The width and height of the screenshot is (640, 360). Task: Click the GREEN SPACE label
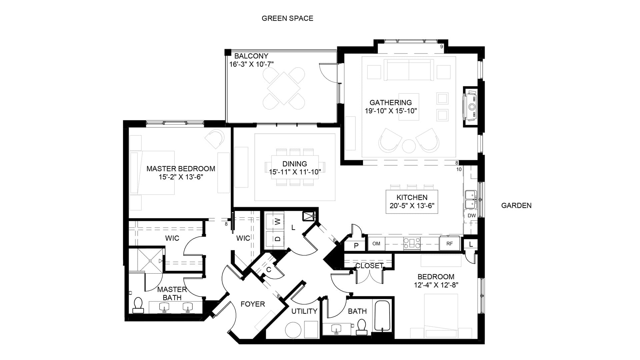[x=287, y=18]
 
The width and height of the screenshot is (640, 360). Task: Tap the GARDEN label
[x=516, y=206]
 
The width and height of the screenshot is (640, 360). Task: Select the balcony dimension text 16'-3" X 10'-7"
[x=252, y=64]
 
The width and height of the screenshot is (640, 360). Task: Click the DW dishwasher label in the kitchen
[x=472, y=216]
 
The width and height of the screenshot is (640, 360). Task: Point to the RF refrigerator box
[x=450, y=244]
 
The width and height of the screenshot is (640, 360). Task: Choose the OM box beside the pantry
[x=376, y=244]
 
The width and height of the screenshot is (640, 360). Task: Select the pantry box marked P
[x=356, y=246]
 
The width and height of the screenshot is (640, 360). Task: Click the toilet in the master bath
[x=138, y=306]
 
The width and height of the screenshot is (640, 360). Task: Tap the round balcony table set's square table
[x=284, y=88]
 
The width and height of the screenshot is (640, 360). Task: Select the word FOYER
[x=253, y=304]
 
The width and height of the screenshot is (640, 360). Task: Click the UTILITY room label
[x=304, y=311]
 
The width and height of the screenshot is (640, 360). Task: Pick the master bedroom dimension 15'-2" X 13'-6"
[x=181, y=177]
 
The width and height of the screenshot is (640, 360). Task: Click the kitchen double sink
[x=471, y=199]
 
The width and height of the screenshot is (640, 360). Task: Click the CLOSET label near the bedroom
[x=369, y=266]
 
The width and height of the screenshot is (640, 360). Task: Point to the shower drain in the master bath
[x=151, y=261]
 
